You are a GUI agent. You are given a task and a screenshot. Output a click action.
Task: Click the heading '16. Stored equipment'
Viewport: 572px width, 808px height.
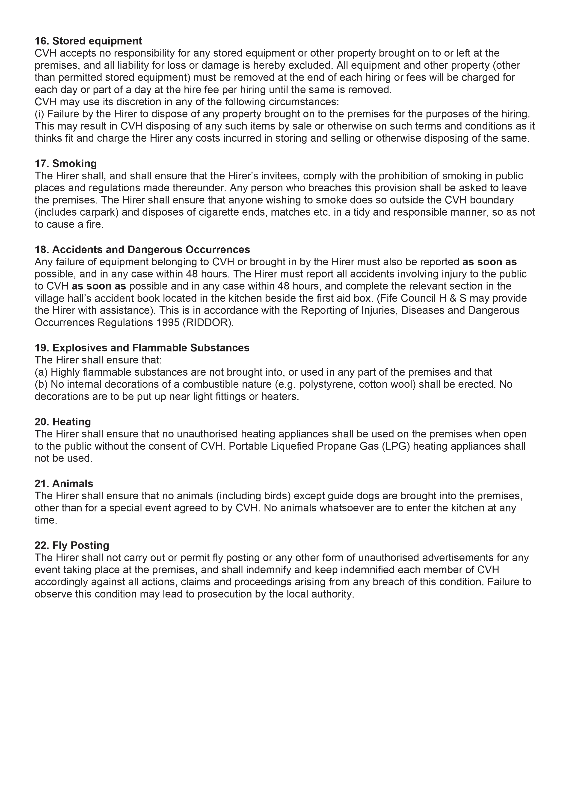(x=88, y=41)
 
